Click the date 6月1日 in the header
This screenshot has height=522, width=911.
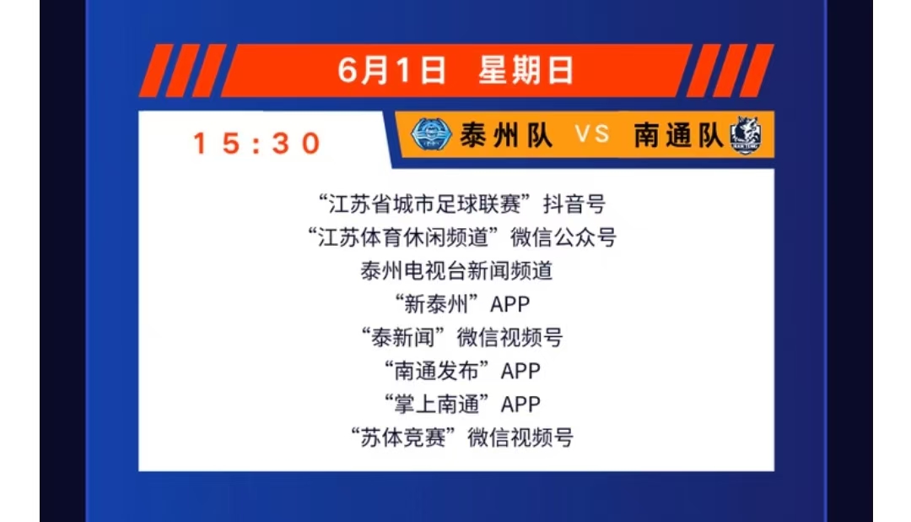pyautogui.click(x=391, y=70)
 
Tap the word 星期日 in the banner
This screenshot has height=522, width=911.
pyautogui.click(x=526, y=70)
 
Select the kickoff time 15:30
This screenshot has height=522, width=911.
pyautogui.click(x=256, y=143)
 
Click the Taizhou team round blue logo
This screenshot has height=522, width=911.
pyautogui.click(x=430, y=134)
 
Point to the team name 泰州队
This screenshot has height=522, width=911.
pyautogui.click(x=505, y=135)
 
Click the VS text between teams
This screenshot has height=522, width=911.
pyautogui.click(x=592, y=134)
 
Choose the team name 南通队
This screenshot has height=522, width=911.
pyautogui.click(x=678, y=135)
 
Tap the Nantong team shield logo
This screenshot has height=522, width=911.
pyautogui.click(x=746, y=135)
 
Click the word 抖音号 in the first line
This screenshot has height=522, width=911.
pyautogui.click(x=574, y=204)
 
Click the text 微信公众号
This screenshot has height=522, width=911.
pyautogui.click(x=563, y=237)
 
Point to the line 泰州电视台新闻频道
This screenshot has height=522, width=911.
pyautogui.click(x=456, y=270)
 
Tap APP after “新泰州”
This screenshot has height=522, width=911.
pyautogui.click(x=510, y=304)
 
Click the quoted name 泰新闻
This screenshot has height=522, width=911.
pyautogui.click(x=403, y=338)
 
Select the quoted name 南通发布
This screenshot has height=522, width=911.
pyautogui.click(x=436, y=371)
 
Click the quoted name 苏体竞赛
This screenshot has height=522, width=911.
pyautogui.click(x=403, y=438)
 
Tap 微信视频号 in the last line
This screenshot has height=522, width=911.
pyautogui.click(x=520, y=438)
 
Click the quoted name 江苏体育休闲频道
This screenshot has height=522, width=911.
pyautogui.click(x=402, y=237)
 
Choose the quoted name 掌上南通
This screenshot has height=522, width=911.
pyautogui.click(x=436, y=404)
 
